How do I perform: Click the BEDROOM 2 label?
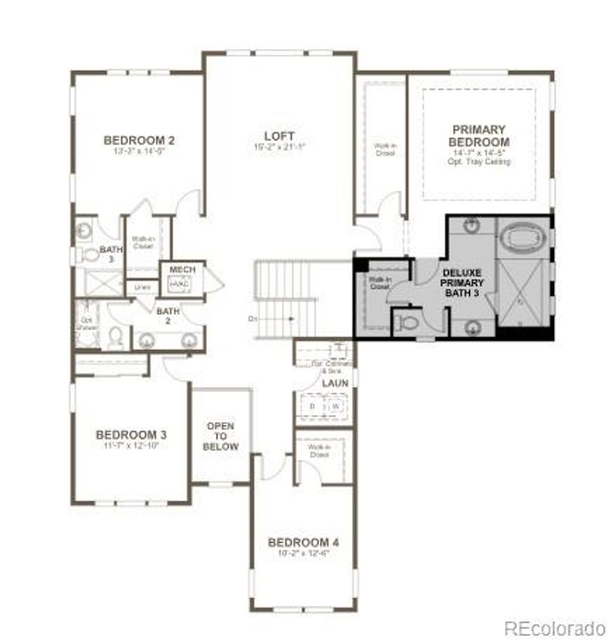point(139,141)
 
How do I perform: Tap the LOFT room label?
point(280,136)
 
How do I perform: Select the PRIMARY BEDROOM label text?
point(479,136)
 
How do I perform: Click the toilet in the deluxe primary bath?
point(409,324)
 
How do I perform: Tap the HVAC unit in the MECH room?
point(180,284)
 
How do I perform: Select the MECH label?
point(182,270)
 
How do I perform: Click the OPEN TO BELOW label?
point(220,436)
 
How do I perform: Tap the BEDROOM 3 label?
point(131,435)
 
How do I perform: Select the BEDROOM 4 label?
point(304,543)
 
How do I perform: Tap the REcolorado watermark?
point(555,628)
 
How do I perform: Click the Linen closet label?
point(142,288)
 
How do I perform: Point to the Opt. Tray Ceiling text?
point(479,162)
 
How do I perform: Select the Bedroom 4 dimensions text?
point(304,554)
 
